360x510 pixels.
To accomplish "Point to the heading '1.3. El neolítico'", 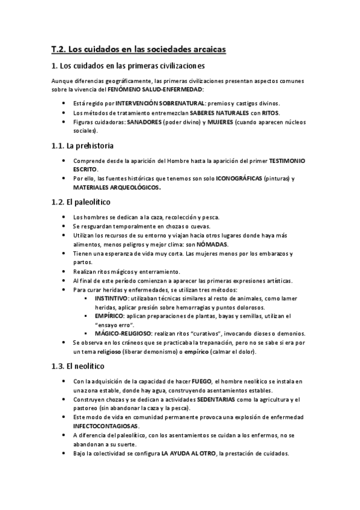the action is tap(78, 366).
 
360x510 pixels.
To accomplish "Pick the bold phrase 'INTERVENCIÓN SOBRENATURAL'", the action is tap(154, 103).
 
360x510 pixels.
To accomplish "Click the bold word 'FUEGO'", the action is tap(201, 381).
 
